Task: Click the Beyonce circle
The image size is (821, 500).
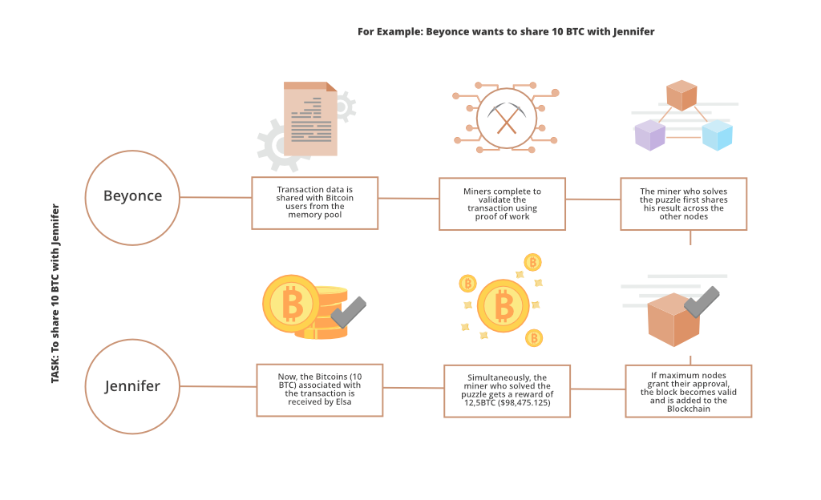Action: [132, 197]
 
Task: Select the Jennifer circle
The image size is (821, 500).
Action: [132, 386]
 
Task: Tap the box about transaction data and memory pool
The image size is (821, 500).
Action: [314, 203]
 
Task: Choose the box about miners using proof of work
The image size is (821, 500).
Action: [502, 204]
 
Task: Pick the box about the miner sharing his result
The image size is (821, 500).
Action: [683, 204]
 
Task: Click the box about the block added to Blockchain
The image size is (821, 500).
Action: [689, 391]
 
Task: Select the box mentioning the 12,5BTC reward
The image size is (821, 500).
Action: [508, 391]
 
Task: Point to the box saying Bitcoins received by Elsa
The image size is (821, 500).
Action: [319, 389]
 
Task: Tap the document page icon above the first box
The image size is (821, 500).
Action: [310, 119]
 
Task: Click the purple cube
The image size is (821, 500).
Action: [649, 135]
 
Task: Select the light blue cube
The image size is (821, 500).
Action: [717, 135]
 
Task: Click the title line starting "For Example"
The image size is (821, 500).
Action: [506, 32]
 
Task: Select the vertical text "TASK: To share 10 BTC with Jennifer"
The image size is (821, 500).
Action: [55, 293]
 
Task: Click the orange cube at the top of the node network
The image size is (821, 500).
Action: [681, 95]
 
